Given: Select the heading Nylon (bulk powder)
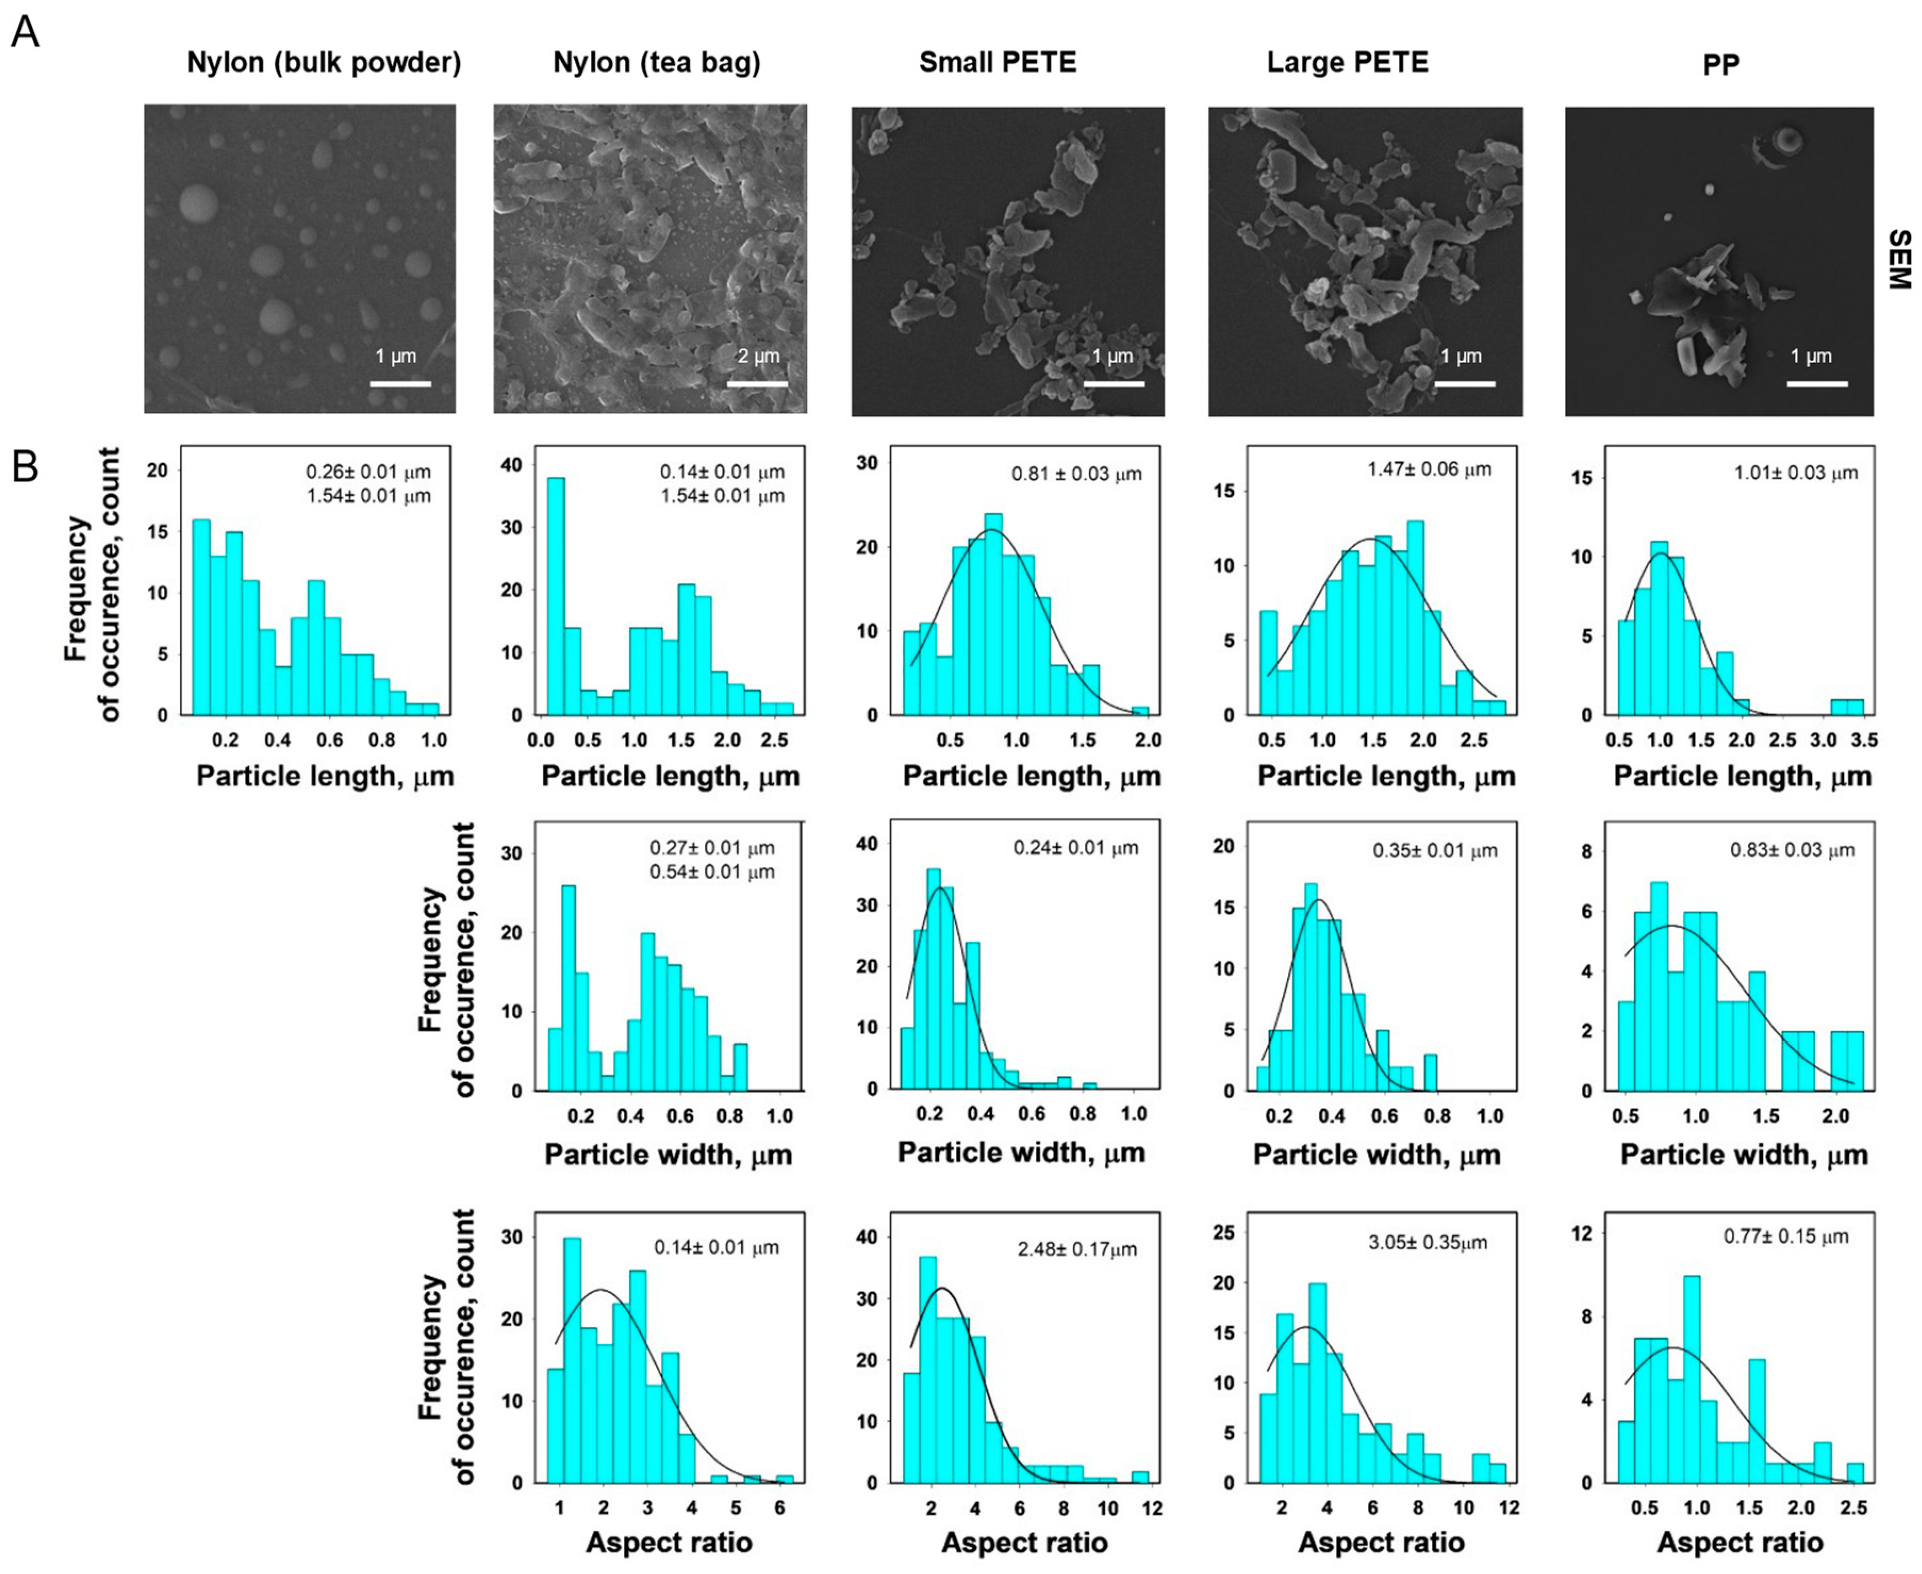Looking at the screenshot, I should (x=324, y=63).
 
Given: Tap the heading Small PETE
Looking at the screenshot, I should (x=997, y=63).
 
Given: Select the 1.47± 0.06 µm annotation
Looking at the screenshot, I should (x=1429, y=469).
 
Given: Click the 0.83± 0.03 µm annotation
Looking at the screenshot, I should (x=1792, y=851).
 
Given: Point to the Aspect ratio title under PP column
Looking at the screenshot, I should (x=1740, y=1542).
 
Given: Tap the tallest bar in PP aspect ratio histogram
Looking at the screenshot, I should (x=1691, y=1379).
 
